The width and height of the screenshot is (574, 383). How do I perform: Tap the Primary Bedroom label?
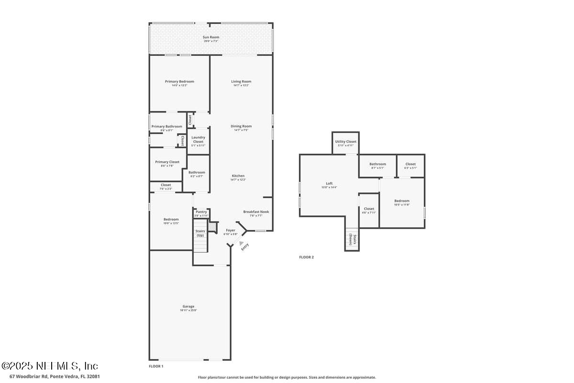tap(179, 82)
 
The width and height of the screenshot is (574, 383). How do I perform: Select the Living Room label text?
tap(241, 82)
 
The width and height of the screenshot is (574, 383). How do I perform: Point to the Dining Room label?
tap(241, 126)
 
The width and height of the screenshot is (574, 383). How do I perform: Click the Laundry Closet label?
tap(198, 139)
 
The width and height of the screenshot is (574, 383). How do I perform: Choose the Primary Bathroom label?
tap(166, 127)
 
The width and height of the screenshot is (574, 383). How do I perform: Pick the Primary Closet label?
tap(167, 162)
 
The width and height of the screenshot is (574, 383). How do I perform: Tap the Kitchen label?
tap(238, 176)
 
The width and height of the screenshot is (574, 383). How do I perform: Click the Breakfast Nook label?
tap(256, 212)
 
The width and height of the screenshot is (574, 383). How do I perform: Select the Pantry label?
tap(201, 212)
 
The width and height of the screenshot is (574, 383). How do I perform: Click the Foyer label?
tap(230, 231)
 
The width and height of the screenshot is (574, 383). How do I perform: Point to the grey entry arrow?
tap(241, 243)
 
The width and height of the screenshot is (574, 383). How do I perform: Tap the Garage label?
tap(188, 307)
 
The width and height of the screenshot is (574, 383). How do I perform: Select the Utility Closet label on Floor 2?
tap(345, 142)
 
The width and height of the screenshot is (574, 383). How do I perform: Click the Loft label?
tap(329, 184)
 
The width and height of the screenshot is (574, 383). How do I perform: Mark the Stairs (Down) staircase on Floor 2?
tap(351, 239)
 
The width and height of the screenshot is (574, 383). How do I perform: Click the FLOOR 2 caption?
tap(306, 257)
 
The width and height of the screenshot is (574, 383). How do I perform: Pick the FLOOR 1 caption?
tap(156, 366)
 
